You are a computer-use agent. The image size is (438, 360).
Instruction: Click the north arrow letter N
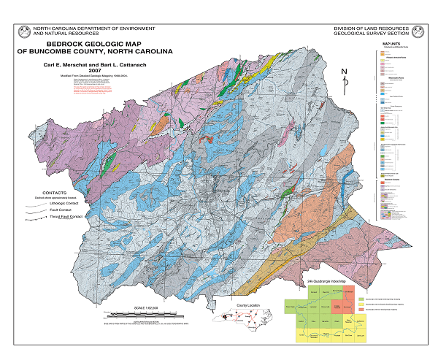(344, 71)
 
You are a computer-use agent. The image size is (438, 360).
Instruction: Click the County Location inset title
(246, 306)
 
